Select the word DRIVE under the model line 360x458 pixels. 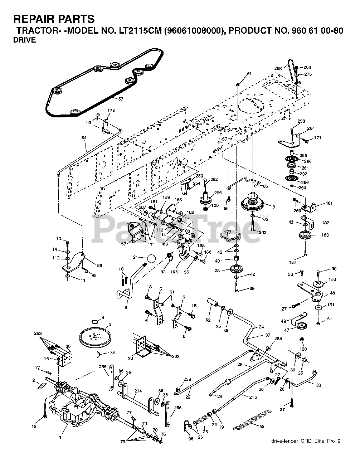pos(24,40)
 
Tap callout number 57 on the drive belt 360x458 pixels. pos(121,99)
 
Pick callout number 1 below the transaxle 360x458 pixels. pos(60,437)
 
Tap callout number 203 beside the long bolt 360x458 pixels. pos(263,233)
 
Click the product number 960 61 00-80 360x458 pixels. pos(309,31)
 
